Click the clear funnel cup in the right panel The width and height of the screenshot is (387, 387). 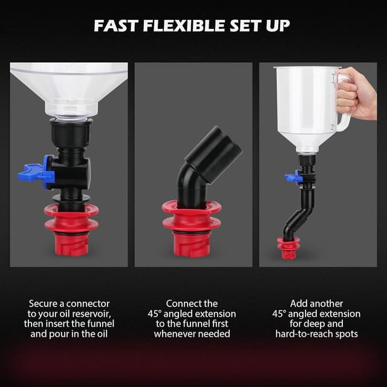305,106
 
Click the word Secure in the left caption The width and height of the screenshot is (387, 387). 43,303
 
